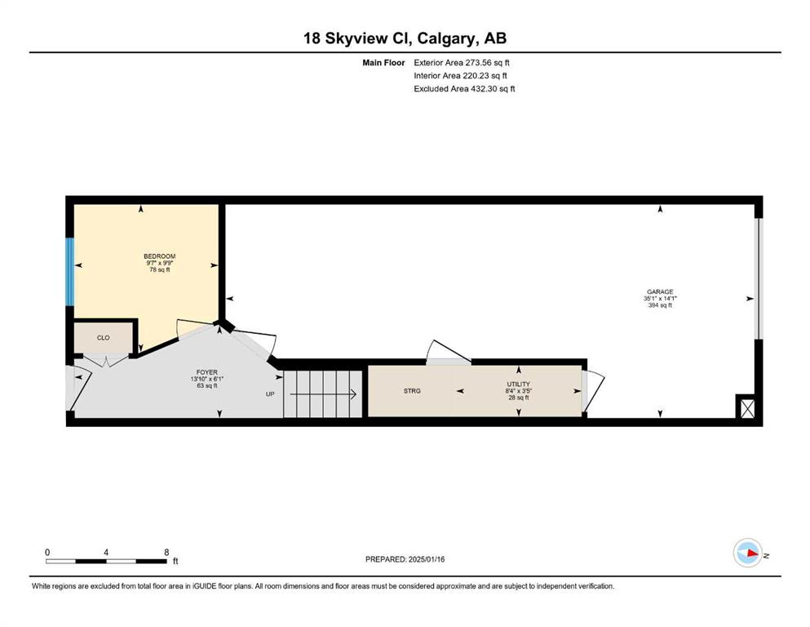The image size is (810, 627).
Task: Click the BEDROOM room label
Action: click(160, 256)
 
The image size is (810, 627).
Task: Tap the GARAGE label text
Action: click(660, 291)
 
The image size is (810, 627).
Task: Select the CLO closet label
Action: click(104, 337)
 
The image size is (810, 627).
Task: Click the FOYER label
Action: click(206, 372)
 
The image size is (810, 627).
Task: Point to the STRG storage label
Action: click(412, 391)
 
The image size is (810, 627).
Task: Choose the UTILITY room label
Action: click(518, 384)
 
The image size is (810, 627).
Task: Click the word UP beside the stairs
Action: click(270, 394)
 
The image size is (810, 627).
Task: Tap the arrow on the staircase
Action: click(323, 394)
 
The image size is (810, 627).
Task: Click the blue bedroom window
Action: click(69, 271)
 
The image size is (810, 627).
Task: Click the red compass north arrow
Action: click(753, 554)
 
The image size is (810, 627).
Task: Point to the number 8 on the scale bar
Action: click(166, 552)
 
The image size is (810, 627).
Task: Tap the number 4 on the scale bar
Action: click(106, 552)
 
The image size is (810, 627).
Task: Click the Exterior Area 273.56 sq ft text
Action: click(462, 63)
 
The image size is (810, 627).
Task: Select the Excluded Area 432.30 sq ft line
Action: click(464, 88)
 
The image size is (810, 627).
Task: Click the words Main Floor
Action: click(383, 63)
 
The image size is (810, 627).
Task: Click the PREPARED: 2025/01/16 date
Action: click(405, 559)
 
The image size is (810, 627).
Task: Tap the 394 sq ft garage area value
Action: click(660, 305)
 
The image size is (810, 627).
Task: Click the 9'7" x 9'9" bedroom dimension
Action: click(160, 263)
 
